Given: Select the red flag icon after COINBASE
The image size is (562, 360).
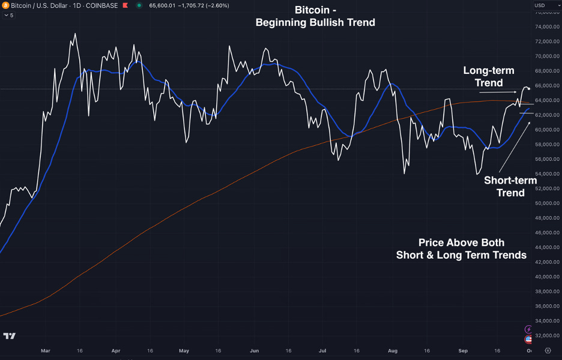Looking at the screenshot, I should [125, 5].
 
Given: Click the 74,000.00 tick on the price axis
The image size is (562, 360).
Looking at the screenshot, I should [546, 27].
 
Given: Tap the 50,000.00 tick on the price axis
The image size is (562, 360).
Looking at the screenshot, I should [546, 203].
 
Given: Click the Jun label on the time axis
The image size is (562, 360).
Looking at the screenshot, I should [254, 350].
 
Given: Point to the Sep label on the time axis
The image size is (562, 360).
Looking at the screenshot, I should [462, 350].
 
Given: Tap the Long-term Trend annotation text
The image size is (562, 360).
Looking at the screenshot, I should [488, 77].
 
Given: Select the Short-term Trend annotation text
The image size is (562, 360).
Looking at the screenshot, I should [510, 186].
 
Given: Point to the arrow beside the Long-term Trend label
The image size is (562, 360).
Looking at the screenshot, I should [498, 92].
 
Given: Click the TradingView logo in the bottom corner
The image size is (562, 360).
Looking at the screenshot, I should [9, 336].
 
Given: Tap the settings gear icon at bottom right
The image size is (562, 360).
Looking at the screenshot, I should [548, 350].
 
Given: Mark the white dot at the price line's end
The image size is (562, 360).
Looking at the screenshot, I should [528, 89].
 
